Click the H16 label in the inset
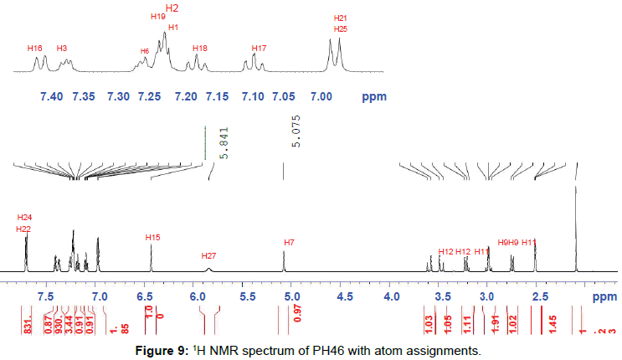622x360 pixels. click(x=34, y=48)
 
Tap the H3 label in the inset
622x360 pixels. click(x=63, y=48)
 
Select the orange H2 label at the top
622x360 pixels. click(x=172, y=8)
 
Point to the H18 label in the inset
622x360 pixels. click(x=199, y=49)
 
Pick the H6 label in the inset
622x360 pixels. click(x=144, y=51)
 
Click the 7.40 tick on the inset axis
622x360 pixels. click(x=51, y=97)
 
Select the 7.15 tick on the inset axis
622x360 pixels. click(x=220, y=97)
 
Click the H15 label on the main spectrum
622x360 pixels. click(x=152, y=238)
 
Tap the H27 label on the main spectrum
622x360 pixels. click(x=209, y=255)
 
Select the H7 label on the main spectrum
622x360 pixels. click(x=289, y=243)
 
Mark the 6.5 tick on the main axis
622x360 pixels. click(x=148, y=297)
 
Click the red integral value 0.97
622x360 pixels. click(x=296, y=321)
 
